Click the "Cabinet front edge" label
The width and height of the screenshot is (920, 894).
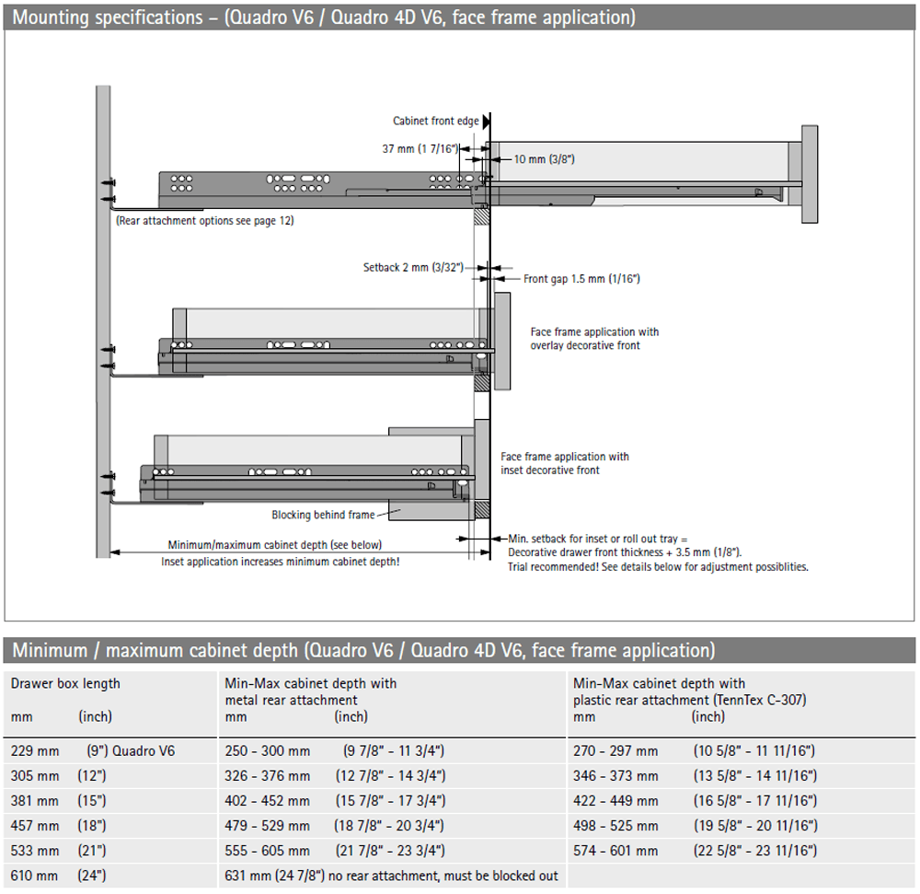click(435, 121)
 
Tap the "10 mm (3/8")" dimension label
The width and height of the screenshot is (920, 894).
click(544, 159)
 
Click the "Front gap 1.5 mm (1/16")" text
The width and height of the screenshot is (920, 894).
click(581, 278)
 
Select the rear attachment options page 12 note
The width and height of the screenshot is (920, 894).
click(205, 221)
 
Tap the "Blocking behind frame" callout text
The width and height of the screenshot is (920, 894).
click(323, 515)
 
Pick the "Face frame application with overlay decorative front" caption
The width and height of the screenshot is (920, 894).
click(594, 339)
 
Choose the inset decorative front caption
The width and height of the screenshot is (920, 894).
click(564, 463)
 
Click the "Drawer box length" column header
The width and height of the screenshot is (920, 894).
click(65, 683)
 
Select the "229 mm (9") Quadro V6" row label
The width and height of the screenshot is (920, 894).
click(92, 750)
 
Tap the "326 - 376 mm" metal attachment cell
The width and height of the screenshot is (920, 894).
click(268, 775)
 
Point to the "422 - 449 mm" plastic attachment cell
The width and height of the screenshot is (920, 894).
click(615, 800)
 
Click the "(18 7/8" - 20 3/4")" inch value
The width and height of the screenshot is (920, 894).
click(395, 825)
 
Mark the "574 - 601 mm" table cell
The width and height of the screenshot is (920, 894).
click(615, 850)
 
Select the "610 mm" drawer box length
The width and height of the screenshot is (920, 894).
click(34, 875)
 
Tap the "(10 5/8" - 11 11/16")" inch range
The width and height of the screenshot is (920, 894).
click(754, 750)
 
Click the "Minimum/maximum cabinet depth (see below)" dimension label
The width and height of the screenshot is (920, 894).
click(274, 544)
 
